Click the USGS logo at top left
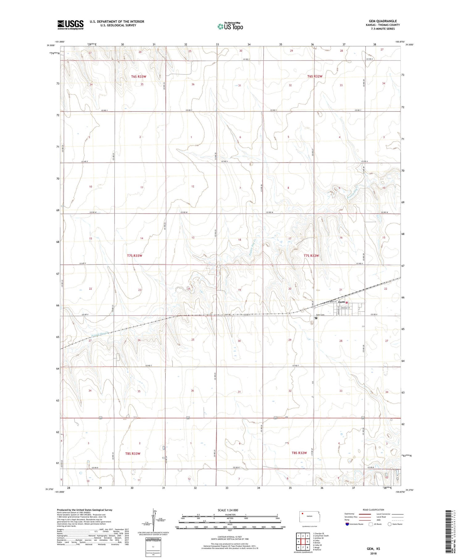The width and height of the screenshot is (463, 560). point(70,25)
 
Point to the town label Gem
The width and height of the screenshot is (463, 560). point(341,302)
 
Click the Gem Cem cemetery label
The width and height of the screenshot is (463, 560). point(320,315)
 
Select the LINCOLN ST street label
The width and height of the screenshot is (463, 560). point(346,308)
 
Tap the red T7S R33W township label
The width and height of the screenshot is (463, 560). point(135,256)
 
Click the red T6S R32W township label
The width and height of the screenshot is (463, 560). point(315,76)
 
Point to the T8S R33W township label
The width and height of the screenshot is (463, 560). point(133,453)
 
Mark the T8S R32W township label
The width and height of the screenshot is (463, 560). point(299,453)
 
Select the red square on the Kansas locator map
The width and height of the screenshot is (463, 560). point(303,514)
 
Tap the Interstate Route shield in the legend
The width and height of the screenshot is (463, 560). point(347,524)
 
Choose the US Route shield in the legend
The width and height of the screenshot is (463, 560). point(371,524)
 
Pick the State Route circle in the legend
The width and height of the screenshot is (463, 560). point(390,524)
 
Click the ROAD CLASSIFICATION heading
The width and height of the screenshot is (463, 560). point(373,510)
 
